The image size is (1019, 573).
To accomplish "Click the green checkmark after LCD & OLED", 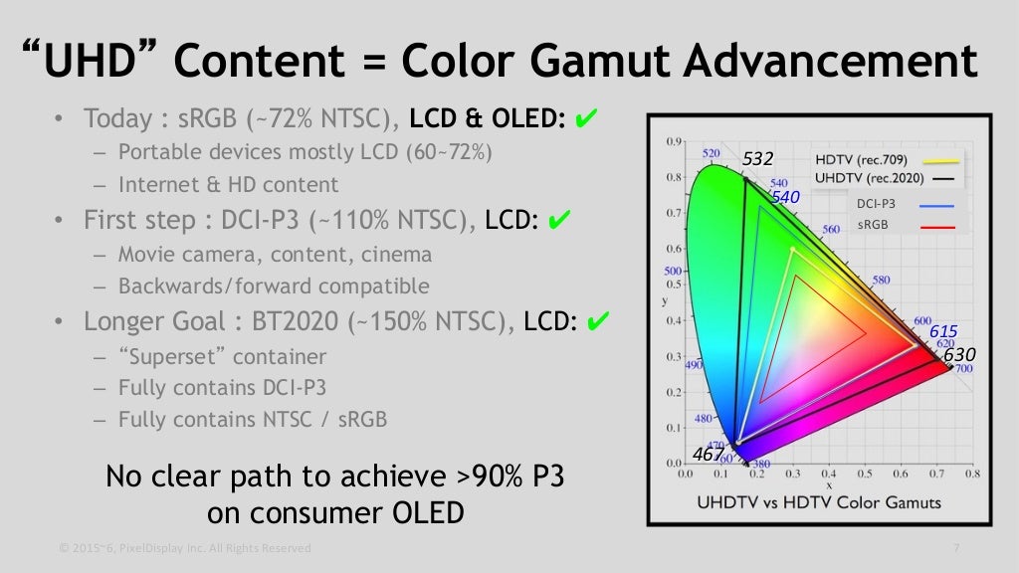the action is tap(586, 117).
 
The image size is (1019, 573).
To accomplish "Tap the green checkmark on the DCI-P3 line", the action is tap(559, 220).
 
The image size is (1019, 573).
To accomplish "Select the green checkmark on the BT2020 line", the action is tap(598, 321).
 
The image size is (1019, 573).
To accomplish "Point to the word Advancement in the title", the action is tap(831, 61).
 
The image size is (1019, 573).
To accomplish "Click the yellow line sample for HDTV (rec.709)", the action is tap(940, 160).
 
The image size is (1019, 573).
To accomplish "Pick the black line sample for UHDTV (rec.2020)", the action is tap(943, 179).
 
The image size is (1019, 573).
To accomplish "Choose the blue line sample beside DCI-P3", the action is tap(936, 205).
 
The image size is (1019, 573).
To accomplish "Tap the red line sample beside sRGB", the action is tap(937, 227).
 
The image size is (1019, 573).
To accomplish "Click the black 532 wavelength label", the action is tap(757, 158).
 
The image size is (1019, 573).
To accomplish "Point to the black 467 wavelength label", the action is tap(709, 454).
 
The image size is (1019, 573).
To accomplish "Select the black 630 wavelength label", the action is tap(959, 355).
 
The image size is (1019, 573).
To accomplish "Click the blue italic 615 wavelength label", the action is tap(943, 331).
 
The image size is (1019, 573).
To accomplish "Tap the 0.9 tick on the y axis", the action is tap(674, 141).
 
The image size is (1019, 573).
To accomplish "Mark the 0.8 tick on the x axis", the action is tap(972, 475).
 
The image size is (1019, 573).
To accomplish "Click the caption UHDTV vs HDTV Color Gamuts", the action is tap(819, 502).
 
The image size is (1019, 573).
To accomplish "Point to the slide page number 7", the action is tap(956, 548).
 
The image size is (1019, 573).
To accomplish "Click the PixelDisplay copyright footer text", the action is tap(185, 548).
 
